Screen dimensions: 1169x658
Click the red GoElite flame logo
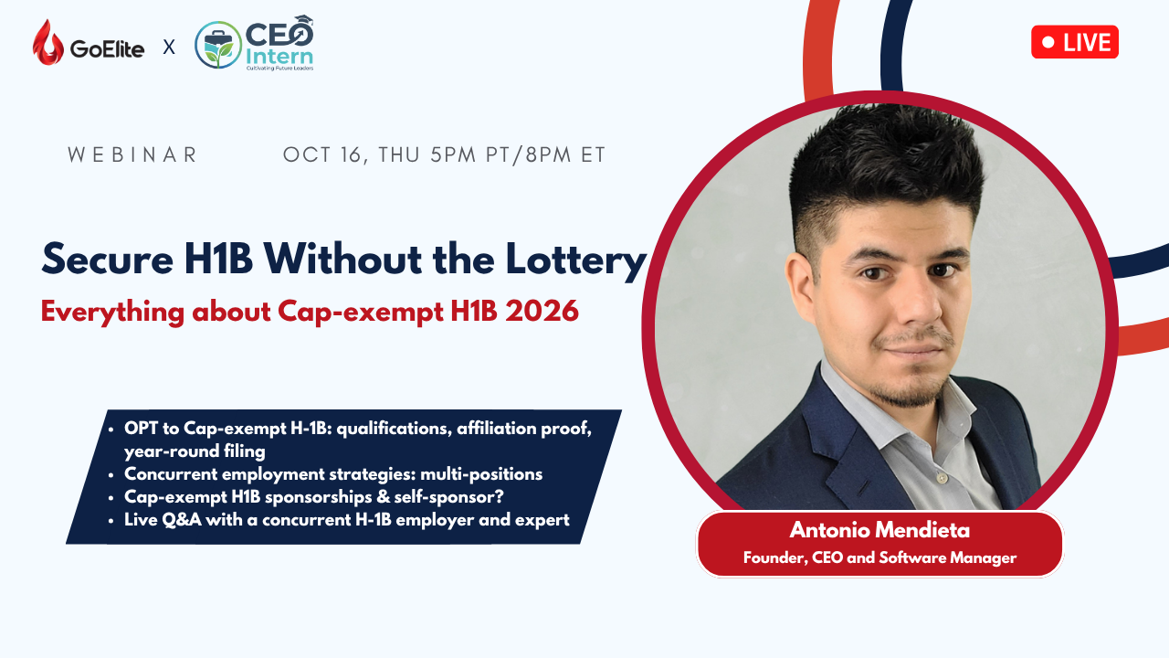(x=48, y=43)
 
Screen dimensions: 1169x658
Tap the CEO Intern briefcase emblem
(x=218, y=45)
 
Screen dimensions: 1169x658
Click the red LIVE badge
(x=1075, y=42)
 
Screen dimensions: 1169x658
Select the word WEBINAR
(x=132, y=154)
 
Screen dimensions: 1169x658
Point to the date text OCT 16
(x=322, y=155)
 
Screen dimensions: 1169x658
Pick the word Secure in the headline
(x=107, y=259)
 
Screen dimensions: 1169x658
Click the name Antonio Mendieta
(x=879, y=530)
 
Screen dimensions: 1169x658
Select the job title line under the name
(x=879, y=557)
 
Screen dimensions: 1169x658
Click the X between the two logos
(x=169, y=48)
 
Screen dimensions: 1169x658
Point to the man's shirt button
(x=941, y=478)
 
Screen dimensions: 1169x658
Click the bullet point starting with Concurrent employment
(x=333, y=474)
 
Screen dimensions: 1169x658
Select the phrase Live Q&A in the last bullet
(x=163, y=520)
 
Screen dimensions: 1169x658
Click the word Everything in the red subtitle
(x=112, y=313)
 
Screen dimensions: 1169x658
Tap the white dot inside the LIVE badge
(x=1048, y=42)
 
